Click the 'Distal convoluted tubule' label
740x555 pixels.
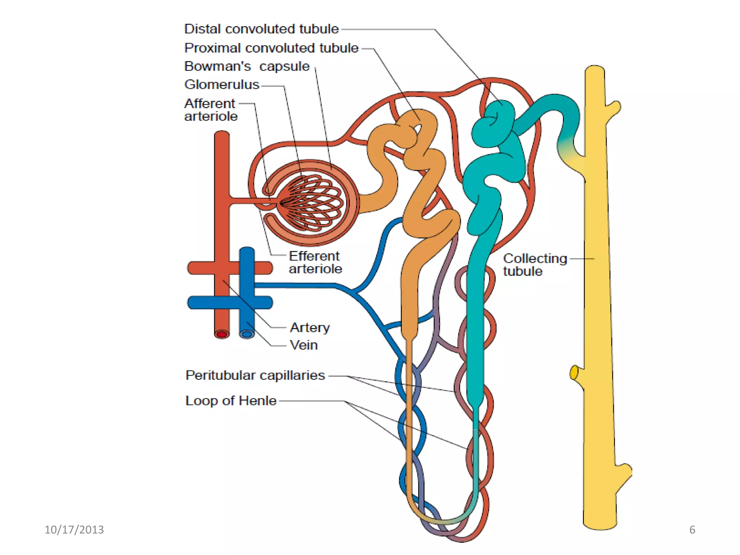tap(261, 29)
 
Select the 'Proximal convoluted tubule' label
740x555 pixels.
tap(271, 48)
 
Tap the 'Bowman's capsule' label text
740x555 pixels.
tap(247, 66)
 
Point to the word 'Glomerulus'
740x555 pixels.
tap(221, 85)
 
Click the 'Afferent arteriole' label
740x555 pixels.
tap(211, 110)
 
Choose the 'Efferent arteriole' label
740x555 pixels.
tap(315, 262)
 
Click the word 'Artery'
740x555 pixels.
tap(310, 327)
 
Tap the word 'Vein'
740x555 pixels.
tap(304, 345)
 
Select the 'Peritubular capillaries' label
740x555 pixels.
tap(255, 375)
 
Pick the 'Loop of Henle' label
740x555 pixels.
tap(231, 401)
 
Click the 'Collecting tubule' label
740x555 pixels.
tap(535, 265)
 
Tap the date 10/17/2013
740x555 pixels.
tap(74, 530)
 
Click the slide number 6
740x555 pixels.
tap(692, 530)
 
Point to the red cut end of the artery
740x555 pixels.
tap(222, 334)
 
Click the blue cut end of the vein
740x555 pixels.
tap(247, 334)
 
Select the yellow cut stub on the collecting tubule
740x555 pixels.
tap(574, 373)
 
